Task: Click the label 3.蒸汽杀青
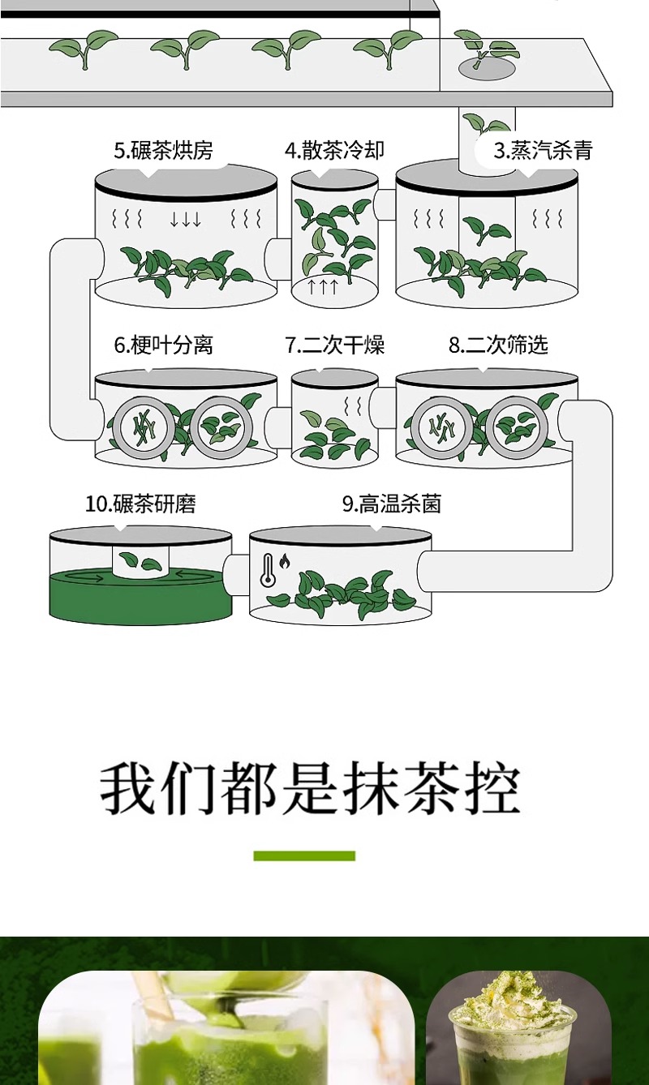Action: click(x=543, y=150)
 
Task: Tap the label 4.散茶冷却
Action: click(x=334, y=150)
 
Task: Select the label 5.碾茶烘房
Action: click(x=164, y=150)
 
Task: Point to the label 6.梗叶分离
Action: click(x=164, y=345)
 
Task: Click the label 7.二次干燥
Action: click(x=334, y=345)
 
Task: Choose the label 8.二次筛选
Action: click(x=498, y=345)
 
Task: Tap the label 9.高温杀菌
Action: click(x=392, y=504)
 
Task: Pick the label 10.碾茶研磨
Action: click(x=140, y=504)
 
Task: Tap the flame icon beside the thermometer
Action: click(x=285, y=562)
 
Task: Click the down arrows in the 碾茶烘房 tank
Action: click(x=185, y=219)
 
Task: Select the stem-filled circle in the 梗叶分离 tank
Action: click(x=144, y=427)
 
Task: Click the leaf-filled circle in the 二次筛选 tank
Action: click(x=517, y=427)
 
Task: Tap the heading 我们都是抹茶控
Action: click(x=310, y=788)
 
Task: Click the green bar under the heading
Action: click(x=304, y=856)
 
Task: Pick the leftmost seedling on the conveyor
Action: click(x=84, y=49)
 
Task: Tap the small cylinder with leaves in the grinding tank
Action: click(x=140, y=561)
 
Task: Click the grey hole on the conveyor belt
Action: click(x=487, y=67)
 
